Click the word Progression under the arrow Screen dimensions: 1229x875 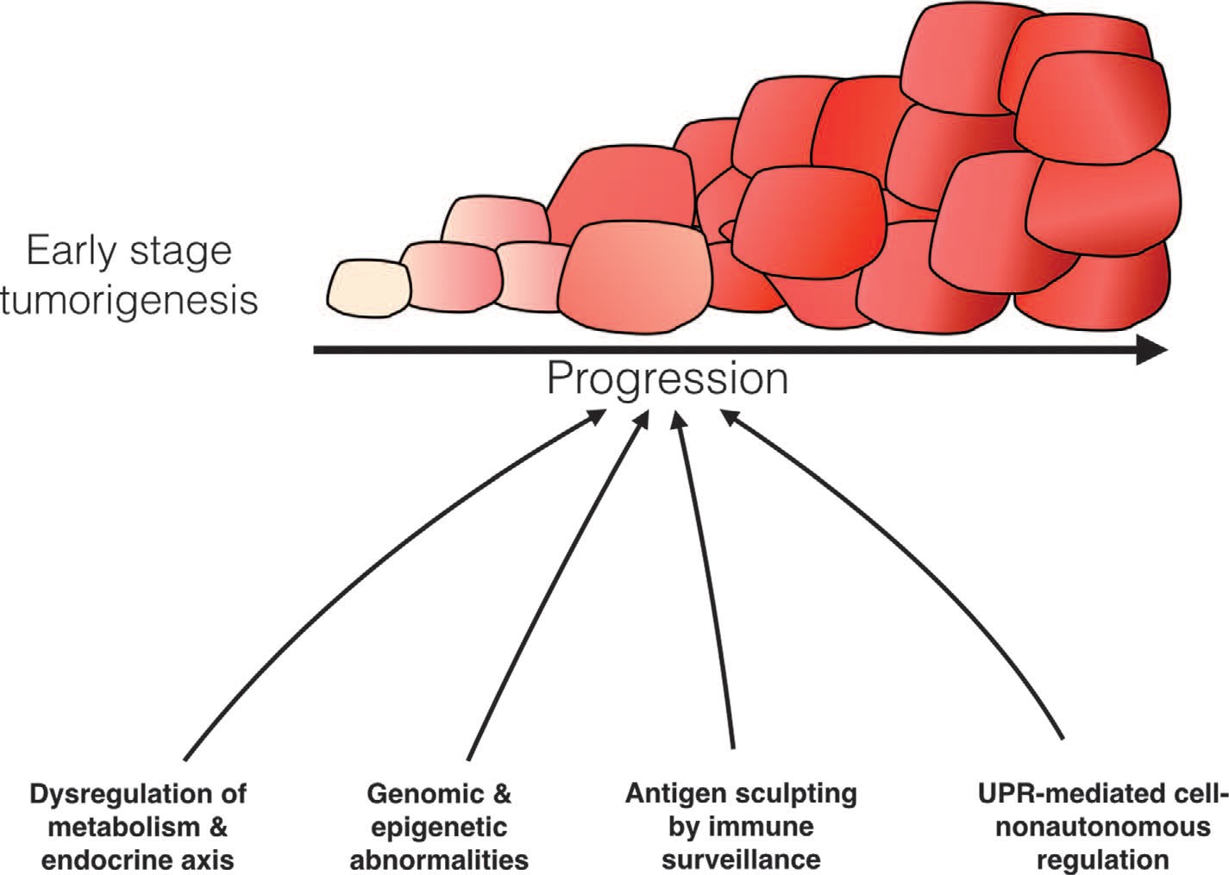coord(668,380)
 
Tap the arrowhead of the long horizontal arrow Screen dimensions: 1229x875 coord(1152,350)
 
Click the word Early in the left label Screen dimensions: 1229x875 coord(72,252)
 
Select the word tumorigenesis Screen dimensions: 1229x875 coord(129,302)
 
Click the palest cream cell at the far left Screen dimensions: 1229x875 coord(369,289)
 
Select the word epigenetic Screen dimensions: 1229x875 coord(439,828)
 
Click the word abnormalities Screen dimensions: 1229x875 coord(439,860)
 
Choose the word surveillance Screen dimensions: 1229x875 coord(741,860)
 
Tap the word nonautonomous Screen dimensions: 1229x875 coord(1103,828)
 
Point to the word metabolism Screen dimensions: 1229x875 coord(123,828)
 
